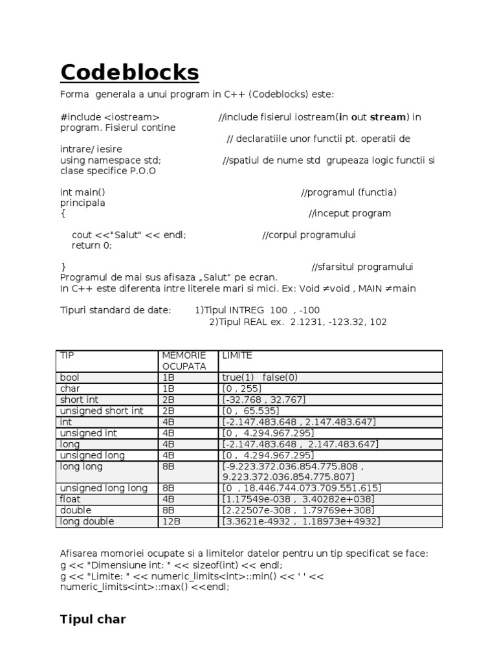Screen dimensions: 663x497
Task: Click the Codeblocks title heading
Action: pos(129,73)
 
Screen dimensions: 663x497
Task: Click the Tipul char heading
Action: pos(93,620)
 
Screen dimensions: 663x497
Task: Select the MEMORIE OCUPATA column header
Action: pos(184,361)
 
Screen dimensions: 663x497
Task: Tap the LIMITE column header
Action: pos(237,355)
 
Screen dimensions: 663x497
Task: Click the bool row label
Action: pos(69,377)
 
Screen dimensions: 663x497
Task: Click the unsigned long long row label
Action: pos(104,488)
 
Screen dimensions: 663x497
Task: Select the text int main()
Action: pos(83,192)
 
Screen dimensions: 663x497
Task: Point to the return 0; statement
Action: pos(92,245)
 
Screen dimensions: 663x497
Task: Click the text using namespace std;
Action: pos(111,160)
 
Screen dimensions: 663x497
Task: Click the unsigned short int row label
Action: pos(102,410)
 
